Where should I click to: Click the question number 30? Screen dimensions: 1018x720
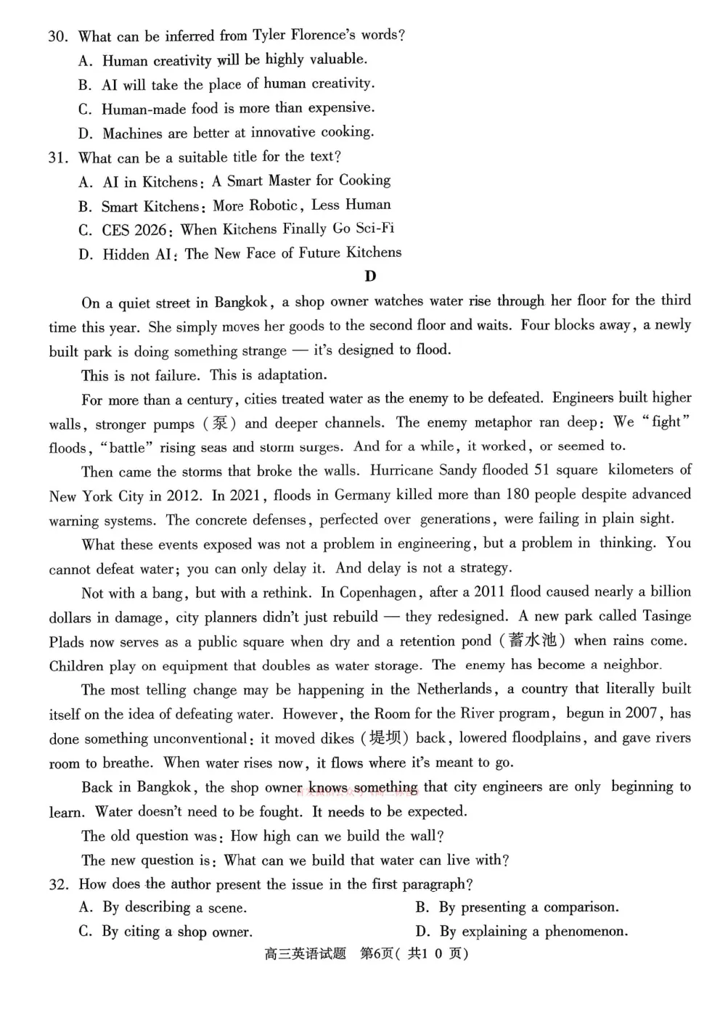coord(57,36)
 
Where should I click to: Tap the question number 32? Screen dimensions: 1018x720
coord(58,884)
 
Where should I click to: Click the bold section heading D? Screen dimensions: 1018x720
coord(370,276)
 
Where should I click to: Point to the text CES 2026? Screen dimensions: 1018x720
coord(136,230)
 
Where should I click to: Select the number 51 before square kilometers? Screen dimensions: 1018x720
coord(541,469)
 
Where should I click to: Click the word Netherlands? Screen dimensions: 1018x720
coord(455,689)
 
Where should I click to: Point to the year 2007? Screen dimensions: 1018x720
coord(641,713)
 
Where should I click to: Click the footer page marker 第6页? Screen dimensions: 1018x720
coord(377,953)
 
